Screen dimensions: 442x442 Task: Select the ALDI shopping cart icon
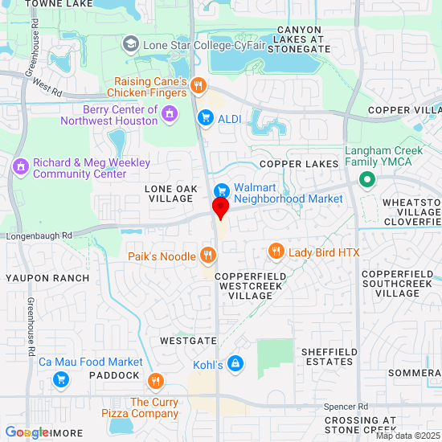[205, 118]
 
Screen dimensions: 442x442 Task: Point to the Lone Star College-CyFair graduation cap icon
[131, 46]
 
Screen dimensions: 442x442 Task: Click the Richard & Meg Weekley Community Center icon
[21, 168]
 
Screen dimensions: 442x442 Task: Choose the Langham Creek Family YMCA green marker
[367, 180]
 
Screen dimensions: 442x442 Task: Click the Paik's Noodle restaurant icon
[208, 256]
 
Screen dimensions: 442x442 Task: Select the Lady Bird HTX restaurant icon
[276, 252]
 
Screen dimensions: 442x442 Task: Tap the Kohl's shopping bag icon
[235, 364]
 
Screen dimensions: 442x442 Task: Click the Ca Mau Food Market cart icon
[59, 379]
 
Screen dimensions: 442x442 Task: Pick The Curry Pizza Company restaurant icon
[155, 381]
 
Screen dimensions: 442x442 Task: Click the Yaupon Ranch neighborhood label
[47, 278]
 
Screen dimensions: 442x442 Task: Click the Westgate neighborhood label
[189, 341]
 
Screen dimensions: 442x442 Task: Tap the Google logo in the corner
[27, 432]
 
